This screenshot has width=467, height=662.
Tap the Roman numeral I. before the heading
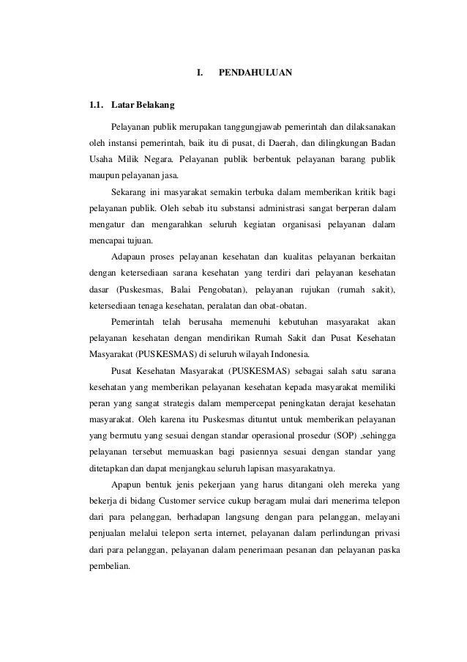pos(200,73)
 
